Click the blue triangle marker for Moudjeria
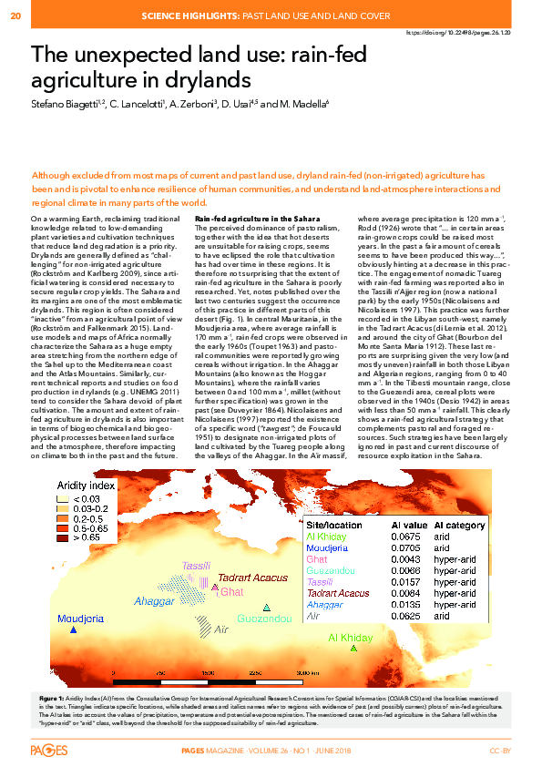pyautogui.click(x=75, y=629)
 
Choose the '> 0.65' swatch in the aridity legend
pyautogui.click(x=61, y=538)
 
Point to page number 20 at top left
pyautogui.click(x=15, y=15)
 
